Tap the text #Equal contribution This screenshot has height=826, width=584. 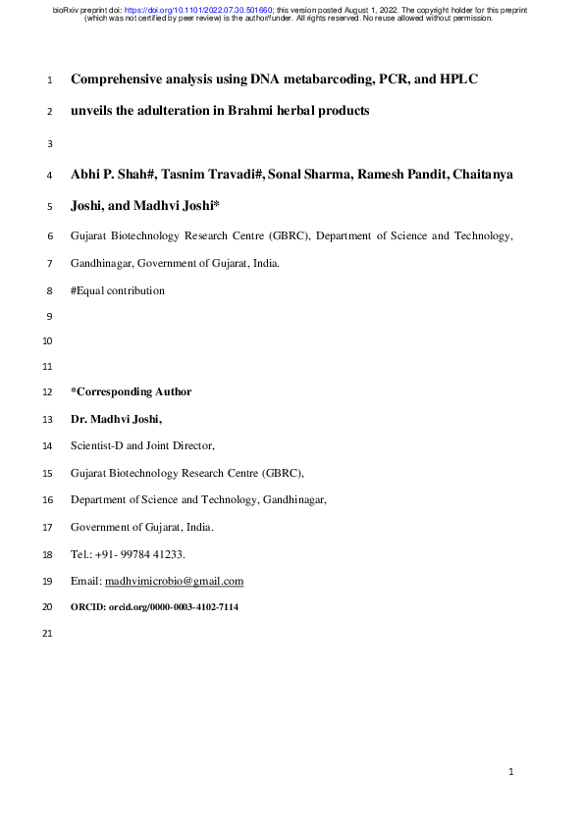[x=118, y=290]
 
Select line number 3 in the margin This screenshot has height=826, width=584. [x=49, y=144]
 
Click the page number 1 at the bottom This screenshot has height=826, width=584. [x=512, y=773]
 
